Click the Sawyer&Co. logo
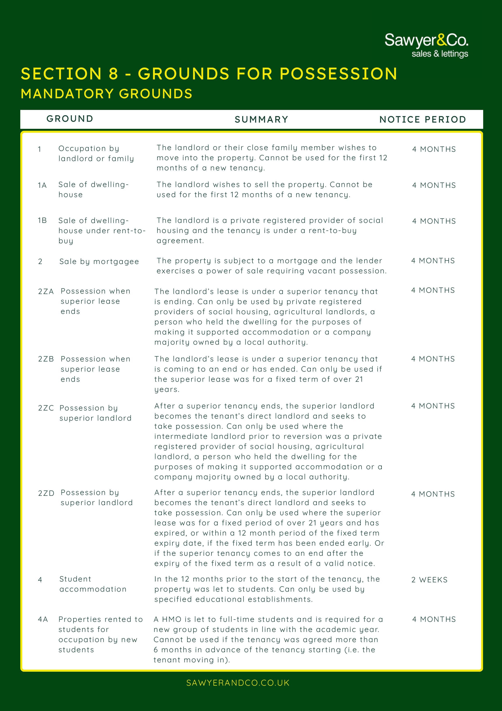426,45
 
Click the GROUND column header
70,119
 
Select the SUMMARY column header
261,120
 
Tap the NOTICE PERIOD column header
422,120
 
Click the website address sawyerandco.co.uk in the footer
238,683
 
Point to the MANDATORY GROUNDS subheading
106,94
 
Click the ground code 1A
42,185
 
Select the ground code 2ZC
46,408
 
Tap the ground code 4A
43,619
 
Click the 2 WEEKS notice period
429,580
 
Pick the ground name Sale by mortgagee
99,262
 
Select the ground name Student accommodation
93,584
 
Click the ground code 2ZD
46,493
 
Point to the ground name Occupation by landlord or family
96,154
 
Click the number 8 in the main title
114,74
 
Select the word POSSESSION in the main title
338,74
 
